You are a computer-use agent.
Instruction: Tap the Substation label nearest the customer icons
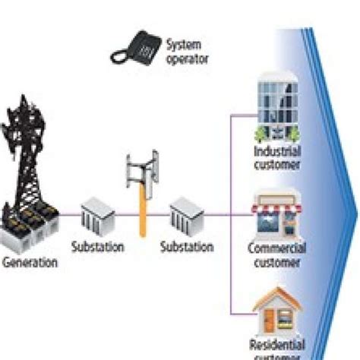coord(187,247)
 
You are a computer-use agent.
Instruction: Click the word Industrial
coord(277,151)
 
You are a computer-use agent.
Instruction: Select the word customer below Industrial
coord(277,164)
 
